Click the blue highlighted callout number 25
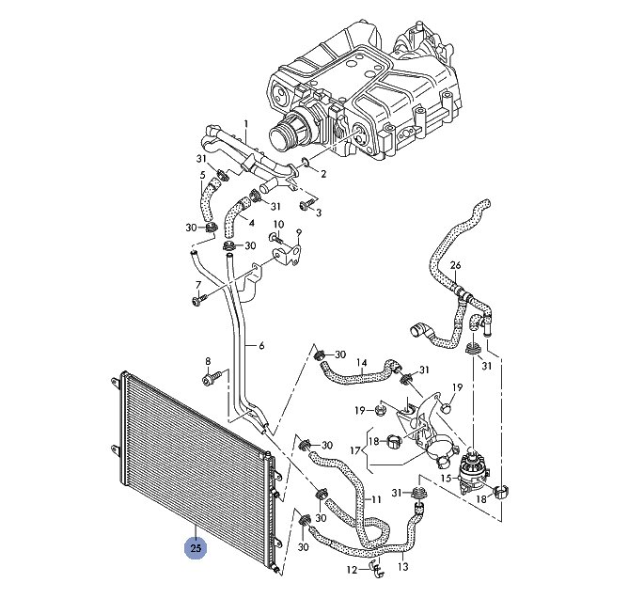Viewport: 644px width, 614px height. click(x=196, y=548)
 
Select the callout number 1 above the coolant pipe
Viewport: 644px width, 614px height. click(x=246, y=123)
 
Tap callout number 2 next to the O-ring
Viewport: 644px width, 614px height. click(x=323, y=174)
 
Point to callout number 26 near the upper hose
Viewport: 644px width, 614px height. click(x=455, y=265)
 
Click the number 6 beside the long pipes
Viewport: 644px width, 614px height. click(x=261, y=346)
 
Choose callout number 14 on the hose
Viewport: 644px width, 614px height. click(x=361, y=363)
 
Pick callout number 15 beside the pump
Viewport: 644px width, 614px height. click(x=446, y=478)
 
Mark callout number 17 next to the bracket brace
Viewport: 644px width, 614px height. click(x=355, y=450)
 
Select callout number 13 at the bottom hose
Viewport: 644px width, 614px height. click(x=403, y=567)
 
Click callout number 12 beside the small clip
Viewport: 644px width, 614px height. click(x=352, y=570)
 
